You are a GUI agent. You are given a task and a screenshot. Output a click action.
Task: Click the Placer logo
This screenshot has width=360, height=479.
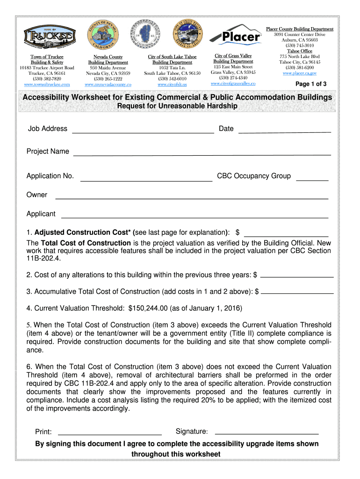[x=235, y=35]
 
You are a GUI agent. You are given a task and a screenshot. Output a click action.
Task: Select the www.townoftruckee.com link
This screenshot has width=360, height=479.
[x=47, y=84]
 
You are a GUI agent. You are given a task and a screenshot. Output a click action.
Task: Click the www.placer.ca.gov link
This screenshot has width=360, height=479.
[x=300, y=73]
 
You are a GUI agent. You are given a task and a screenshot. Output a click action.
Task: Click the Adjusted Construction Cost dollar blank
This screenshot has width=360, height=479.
[x=286, y=235]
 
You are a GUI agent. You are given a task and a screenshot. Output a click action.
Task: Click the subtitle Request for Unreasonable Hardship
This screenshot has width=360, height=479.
[x=177, y=106]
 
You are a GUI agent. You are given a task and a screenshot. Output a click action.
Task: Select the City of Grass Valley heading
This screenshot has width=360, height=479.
[x=233, y=56]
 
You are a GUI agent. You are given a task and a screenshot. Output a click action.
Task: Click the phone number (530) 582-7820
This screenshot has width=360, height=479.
[x=47, y=79]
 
